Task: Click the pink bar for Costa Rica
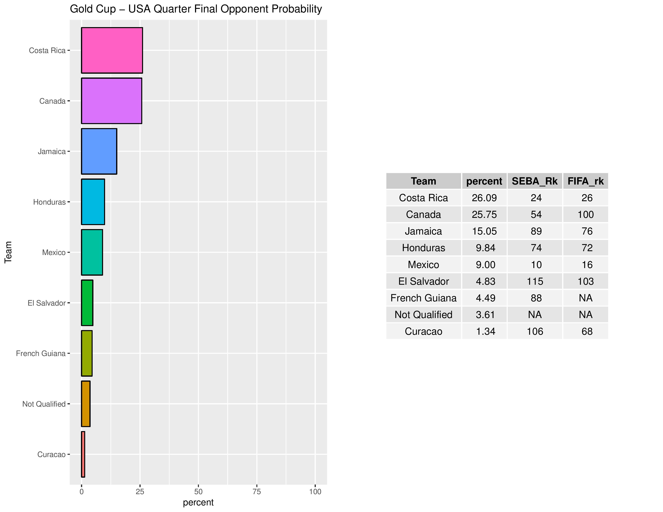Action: pos(112,50)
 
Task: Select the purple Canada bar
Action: pos(112,101)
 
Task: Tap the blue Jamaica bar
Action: pos(99,151)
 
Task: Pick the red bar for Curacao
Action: pos(83,454)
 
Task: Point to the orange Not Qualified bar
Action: pos(86,404)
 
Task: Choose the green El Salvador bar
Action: pos(87,303)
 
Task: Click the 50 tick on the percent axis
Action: pos(198,492)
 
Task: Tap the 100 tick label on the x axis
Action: pos(315,492)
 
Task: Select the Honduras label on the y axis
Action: pos(49,202)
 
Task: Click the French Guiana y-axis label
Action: pos(41,353)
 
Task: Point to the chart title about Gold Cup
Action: pos(196,9)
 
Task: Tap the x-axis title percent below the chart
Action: pos(198,503)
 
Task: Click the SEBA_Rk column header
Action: pos(535,181)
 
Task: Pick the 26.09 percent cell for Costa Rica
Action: pos(484,198)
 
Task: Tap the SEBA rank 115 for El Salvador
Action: pos(535,281)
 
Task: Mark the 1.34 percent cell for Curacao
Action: pos(485,331)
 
